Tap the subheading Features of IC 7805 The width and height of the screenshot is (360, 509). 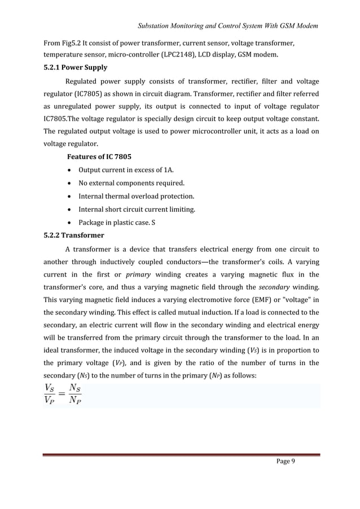101,156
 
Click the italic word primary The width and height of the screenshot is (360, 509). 138,274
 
